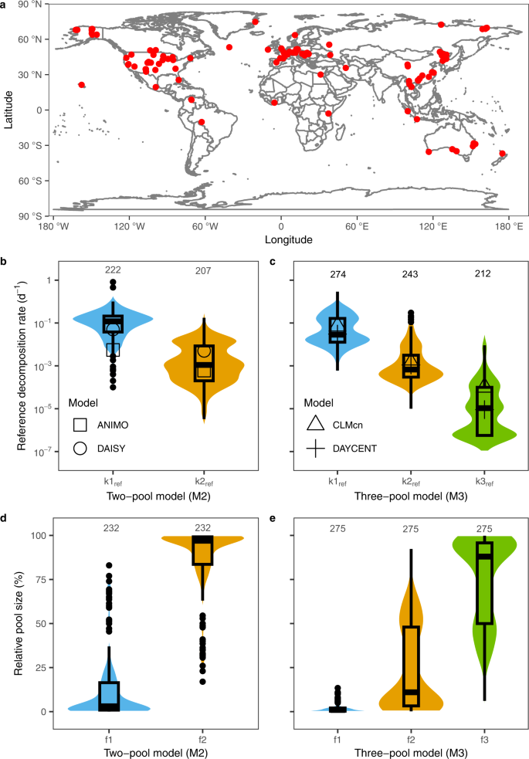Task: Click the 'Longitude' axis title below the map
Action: pyautogui.click(x=281, y=239)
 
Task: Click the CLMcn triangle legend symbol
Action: pyautogui.click(x=314, y=424)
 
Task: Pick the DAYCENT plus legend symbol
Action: pyautogui.click(x=314, y=448)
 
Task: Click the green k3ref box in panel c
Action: pyautogui.click(x=484, y=411)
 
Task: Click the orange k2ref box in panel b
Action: pyautogui.click(x=204, y=362)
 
